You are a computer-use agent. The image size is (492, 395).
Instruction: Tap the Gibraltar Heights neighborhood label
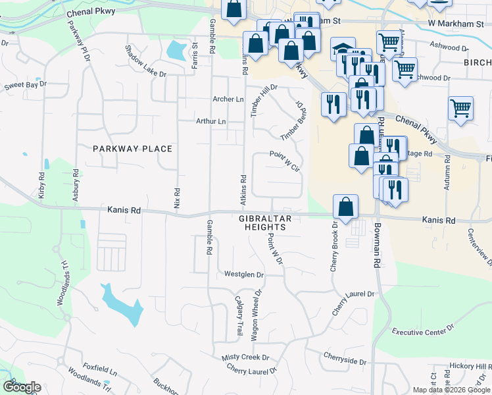(x=264, y=222)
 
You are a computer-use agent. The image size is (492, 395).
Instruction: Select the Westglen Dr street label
(x=243, y=275)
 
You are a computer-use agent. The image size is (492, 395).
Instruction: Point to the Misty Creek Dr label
(x=245, y=357)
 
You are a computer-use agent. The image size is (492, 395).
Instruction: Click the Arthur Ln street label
(x=210, y=122)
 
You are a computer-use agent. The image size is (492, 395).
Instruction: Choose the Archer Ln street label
(x=228, y=99)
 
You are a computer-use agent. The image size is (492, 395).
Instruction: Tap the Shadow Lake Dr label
(x=145, y=61)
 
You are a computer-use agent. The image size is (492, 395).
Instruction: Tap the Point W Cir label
(x=284, y=160)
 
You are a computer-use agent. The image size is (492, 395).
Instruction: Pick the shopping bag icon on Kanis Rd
(x=345, y=207)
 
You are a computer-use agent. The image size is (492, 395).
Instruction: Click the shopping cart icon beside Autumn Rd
(x=460, y=109)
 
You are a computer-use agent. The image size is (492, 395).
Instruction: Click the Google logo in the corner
(x=22, y=387)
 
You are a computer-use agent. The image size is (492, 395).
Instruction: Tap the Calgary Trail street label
(x=239, y=314)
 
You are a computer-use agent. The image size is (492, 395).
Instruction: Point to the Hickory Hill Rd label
(x=470, y=366)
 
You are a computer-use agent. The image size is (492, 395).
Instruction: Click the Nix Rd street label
(x=177, y=196)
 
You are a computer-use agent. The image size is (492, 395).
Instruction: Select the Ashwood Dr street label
(x=449, y=47)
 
